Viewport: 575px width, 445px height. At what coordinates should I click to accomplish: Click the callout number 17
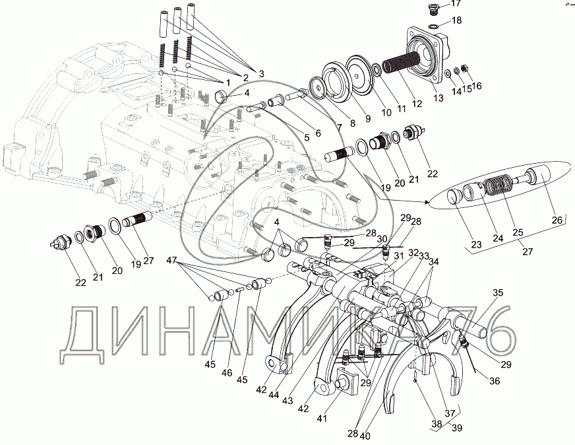pos(456,5)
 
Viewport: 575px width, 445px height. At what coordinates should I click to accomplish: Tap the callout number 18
pos(456,21)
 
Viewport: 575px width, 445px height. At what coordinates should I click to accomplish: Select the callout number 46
pos(227,373)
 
